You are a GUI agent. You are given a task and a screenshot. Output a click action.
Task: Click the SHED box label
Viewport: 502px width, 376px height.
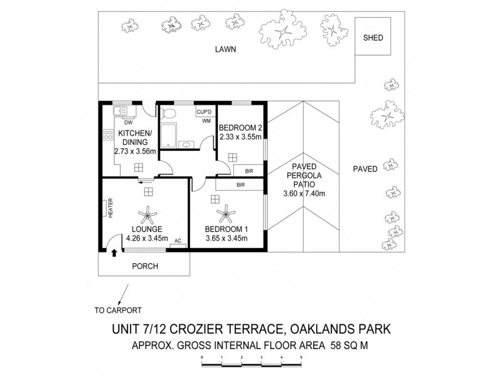tap(373, 38)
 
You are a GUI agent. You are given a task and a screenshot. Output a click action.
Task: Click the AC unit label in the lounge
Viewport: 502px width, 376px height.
tap(178, 241)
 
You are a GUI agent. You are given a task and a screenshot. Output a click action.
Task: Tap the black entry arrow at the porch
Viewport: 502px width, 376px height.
tap(114, 253)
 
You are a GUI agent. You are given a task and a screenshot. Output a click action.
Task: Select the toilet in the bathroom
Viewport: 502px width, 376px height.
tap(167, 115)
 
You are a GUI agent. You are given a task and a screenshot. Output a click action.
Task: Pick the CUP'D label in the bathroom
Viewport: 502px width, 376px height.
tap(205, 112)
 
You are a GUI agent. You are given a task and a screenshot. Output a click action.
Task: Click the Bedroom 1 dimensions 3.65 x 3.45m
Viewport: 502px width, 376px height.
tap(226, 238)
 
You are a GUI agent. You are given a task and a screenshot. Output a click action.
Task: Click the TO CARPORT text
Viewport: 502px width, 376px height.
tap(117, 310)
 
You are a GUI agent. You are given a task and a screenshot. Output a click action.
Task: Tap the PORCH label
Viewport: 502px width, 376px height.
tap(145, 266)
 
